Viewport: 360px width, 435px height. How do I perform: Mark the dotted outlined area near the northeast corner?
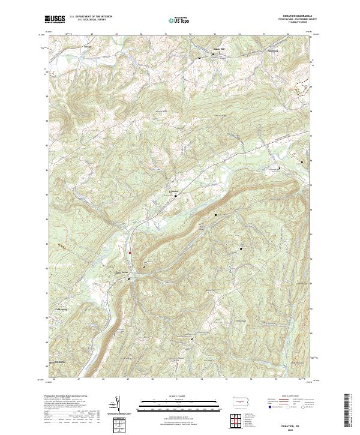click(x=302, y=87)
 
